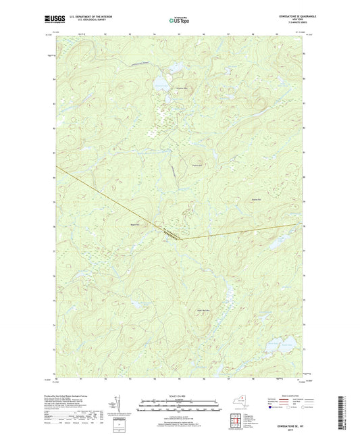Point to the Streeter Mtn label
tap(180, 89)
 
